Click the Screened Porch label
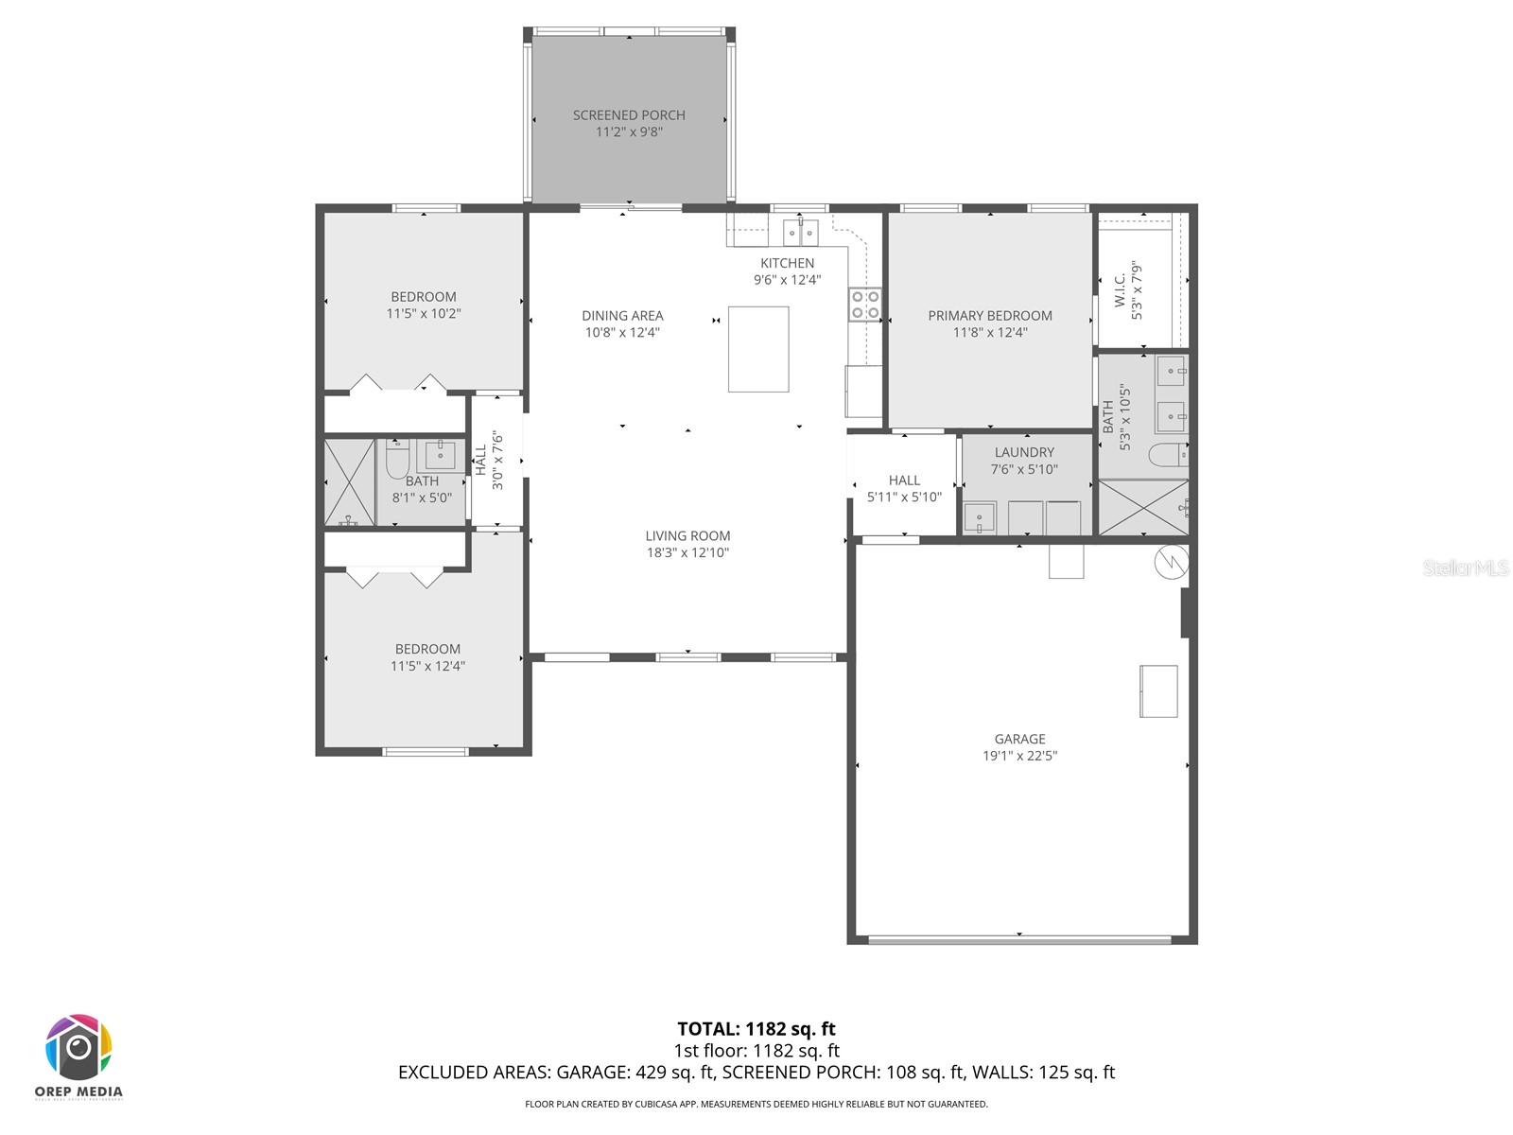[x=629, y=115]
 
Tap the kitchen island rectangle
[x=758, y=349]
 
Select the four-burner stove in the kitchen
[x=865, y=304]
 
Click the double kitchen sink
[x=801, y=231]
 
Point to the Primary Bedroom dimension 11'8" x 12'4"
[x=990, y=332]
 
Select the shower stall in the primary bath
[x=1143, y=508]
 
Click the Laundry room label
[x=1024, y=452]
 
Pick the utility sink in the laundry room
[x=979, y=518]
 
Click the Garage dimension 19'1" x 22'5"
[x=1019, y=756]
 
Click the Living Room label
[x=687, y=535]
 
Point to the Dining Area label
[x=622, y=315]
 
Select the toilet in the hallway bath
[x=397, y=458]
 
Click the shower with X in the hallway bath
[x=349, y=481]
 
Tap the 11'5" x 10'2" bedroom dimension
[x=424, y=313]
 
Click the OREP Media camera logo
[x=79, y=1048]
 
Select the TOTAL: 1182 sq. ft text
[x=756, y=1028]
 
